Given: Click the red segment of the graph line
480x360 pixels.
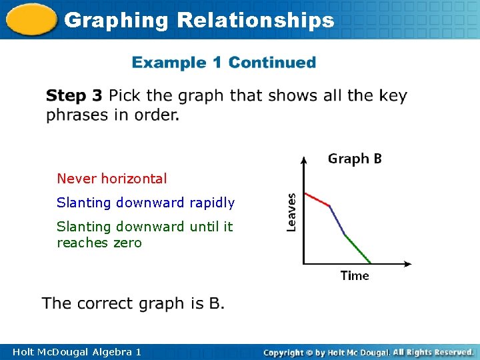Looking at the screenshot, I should [317, 200].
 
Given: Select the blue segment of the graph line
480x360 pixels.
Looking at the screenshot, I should [337, 221].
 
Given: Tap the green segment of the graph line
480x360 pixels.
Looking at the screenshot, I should [358, 249].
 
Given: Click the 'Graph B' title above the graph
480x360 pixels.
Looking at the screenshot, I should [355, 159].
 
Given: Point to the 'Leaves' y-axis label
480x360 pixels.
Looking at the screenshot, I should [291, 212].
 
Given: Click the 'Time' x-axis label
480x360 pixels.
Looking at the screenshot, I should [355, 275].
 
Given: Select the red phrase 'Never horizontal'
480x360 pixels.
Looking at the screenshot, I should [112, 179].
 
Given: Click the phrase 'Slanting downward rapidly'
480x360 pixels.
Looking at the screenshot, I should [145, 202].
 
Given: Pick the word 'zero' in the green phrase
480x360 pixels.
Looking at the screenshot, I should [127, 243].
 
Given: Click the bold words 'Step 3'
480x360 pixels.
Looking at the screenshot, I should [74, 96].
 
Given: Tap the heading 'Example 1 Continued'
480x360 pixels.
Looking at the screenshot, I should [224, 63].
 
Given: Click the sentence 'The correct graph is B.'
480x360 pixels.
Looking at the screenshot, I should [133, 303].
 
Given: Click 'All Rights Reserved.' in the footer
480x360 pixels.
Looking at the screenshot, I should [433, 351].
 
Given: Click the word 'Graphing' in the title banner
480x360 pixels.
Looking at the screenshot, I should [117, 20].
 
